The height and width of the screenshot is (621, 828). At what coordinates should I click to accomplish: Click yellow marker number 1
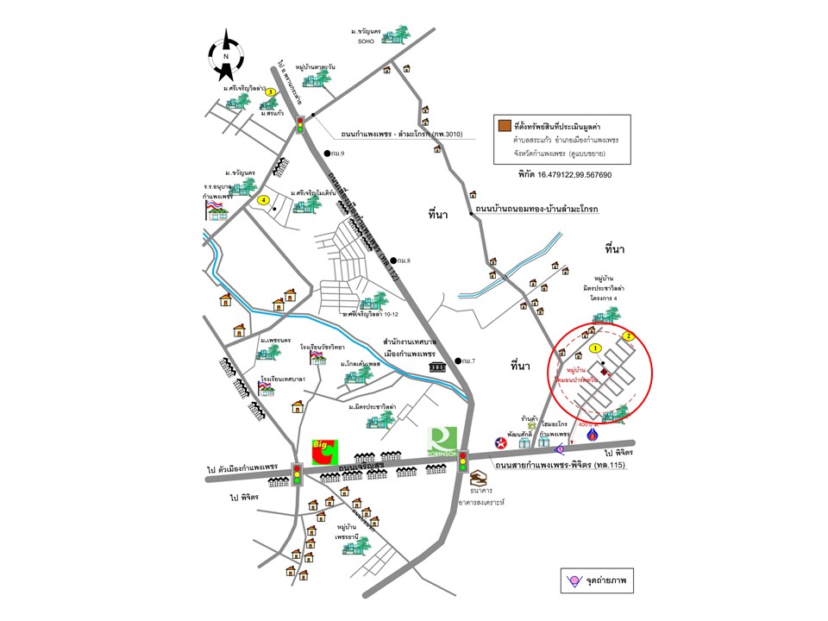(x=596, y=348)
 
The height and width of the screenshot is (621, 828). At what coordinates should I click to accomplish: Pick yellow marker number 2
(x=630, y=336)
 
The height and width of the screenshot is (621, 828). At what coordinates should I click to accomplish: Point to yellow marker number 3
(x=270, y=92)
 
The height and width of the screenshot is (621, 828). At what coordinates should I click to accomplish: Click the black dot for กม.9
(x=328, y=154)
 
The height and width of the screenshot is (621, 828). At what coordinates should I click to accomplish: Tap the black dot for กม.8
(x=392, y=260)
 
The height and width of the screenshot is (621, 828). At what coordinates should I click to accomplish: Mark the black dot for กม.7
(x=455, y=361)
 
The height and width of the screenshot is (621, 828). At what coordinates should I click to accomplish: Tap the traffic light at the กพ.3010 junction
(x=300, y=124)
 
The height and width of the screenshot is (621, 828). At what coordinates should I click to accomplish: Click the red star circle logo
(x=500, y=442)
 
